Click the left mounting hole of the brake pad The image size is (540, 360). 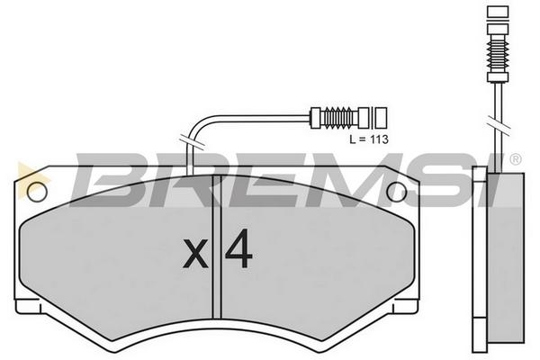tap(37, 192)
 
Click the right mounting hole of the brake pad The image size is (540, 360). tap(397, 192)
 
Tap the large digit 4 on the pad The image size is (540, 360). tap(239, 248)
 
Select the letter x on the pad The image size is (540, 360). tap(195, 254)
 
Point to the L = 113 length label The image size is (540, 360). tap(369, 139)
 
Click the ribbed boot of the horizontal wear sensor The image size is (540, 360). tap(339, 118)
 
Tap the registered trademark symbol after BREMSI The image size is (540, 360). tap(515, 159)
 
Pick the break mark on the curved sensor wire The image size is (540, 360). tap(192, 143)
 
